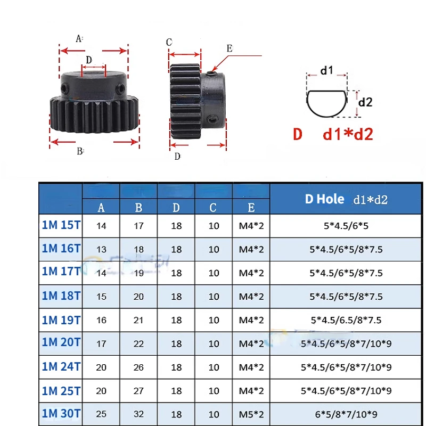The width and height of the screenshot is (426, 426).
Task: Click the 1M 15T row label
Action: point(61,225)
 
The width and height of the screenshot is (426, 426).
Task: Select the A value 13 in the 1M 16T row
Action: point(101,249)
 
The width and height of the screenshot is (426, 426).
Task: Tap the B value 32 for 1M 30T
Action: point(138,414)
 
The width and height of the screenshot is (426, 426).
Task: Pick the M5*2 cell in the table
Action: point(251,414)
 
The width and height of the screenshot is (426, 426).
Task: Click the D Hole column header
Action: point(346,199)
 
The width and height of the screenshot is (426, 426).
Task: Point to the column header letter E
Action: point(251,208)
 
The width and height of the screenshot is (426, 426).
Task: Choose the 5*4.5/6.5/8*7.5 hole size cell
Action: point(346,320)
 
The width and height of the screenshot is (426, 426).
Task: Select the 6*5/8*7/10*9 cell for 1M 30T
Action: point(346,414)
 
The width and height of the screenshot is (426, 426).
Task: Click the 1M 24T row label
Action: point(61,366)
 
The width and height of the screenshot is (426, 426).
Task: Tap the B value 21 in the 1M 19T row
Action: point(138,320)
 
